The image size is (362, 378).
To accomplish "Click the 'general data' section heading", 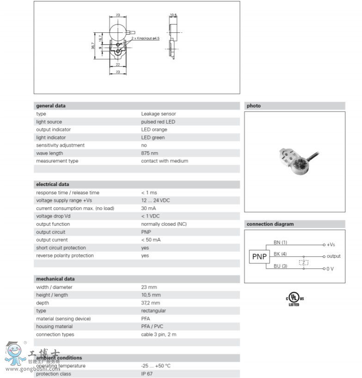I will pos(51,105).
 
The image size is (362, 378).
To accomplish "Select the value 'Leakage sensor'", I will pos(158,114).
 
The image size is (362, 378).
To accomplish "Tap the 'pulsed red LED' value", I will pos(158,122).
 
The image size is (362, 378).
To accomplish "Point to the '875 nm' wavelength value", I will pos(149,153).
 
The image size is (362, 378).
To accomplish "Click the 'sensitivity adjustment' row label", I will pos(58,145).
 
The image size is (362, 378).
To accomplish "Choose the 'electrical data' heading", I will pos(53,184).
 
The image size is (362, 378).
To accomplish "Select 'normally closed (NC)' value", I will pos(164,224).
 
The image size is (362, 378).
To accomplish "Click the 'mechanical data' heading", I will pos(55,279).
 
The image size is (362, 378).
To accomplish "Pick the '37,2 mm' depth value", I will pos(151,303).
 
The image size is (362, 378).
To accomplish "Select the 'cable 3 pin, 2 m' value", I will pos(159,335).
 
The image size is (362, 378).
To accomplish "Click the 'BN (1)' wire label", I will pos(280,242).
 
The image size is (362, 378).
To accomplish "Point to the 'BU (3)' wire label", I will pos(280,266).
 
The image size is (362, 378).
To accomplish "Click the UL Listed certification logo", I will pos(294,299).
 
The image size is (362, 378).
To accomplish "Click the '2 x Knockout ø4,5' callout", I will pos(145,38).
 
